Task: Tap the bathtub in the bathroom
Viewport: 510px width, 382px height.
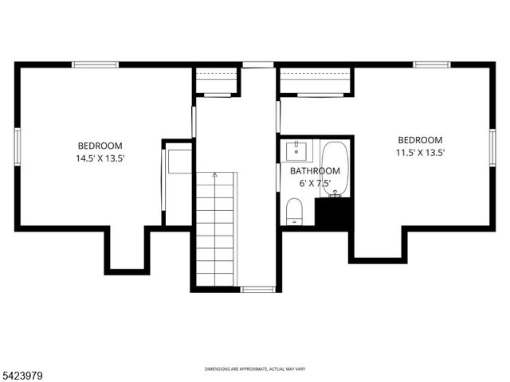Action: [335, 168]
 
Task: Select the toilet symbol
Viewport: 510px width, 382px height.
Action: [294, 212]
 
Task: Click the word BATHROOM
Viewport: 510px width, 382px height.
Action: [315, 171]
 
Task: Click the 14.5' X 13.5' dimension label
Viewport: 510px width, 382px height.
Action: [100, 158]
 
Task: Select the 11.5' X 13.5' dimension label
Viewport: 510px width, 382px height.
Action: [420, 153]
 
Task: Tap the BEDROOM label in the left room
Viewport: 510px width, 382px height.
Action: [100, 146]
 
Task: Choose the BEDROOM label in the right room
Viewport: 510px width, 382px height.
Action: [420, 140]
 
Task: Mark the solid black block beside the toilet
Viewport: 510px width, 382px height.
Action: [334, 212]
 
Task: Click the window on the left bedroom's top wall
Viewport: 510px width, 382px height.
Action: [96, 64]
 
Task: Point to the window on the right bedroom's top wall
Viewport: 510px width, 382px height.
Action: [431, 64]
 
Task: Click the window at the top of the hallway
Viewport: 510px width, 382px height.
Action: [258, 64]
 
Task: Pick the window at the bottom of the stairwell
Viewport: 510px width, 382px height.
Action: [257, 289]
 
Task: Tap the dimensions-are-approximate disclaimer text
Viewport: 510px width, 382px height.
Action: [254, 369]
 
